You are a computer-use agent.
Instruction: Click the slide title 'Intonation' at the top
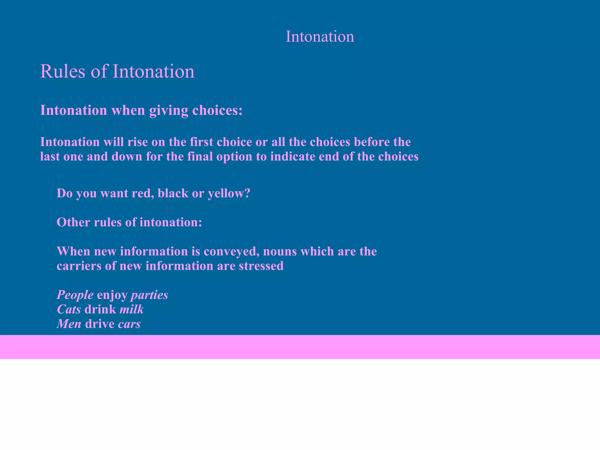320,37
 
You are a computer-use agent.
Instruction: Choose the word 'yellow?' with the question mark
229,193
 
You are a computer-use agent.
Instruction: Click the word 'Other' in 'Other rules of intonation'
73,222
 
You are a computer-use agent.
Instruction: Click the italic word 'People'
75,295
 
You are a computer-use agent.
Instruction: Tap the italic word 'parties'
149,295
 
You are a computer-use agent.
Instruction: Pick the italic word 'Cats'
69,309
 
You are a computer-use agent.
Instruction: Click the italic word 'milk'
132,309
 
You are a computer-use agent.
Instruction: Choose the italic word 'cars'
129,324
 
